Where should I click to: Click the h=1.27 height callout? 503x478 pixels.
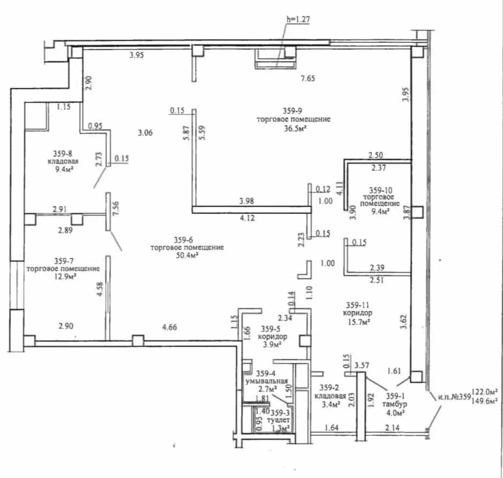point(298,20)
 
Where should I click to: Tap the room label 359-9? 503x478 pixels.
point(292,111)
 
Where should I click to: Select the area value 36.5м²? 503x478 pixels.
point(293,128)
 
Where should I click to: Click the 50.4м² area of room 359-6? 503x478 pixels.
point(186,255)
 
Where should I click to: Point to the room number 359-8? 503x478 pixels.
point(63,153)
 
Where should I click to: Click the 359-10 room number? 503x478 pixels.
point(380,190)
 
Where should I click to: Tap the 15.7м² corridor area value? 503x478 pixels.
point(359,322)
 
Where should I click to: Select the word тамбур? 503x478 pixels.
point(394,404)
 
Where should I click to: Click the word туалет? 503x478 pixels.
point(278,420)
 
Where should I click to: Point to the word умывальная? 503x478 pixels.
point(267,381)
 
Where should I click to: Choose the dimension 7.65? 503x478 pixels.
point(307,79)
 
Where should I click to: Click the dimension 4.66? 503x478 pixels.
point(169,327)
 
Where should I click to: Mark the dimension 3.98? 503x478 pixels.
point(246,201)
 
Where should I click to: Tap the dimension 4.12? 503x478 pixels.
point(247,218)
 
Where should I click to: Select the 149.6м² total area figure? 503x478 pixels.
point(485,400)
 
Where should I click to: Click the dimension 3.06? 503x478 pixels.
point(145,133)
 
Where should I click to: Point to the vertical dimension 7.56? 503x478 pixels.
point(116,208)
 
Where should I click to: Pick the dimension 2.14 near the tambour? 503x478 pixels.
point(392,427)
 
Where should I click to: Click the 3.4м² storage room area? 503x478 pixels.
point(331,404)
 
